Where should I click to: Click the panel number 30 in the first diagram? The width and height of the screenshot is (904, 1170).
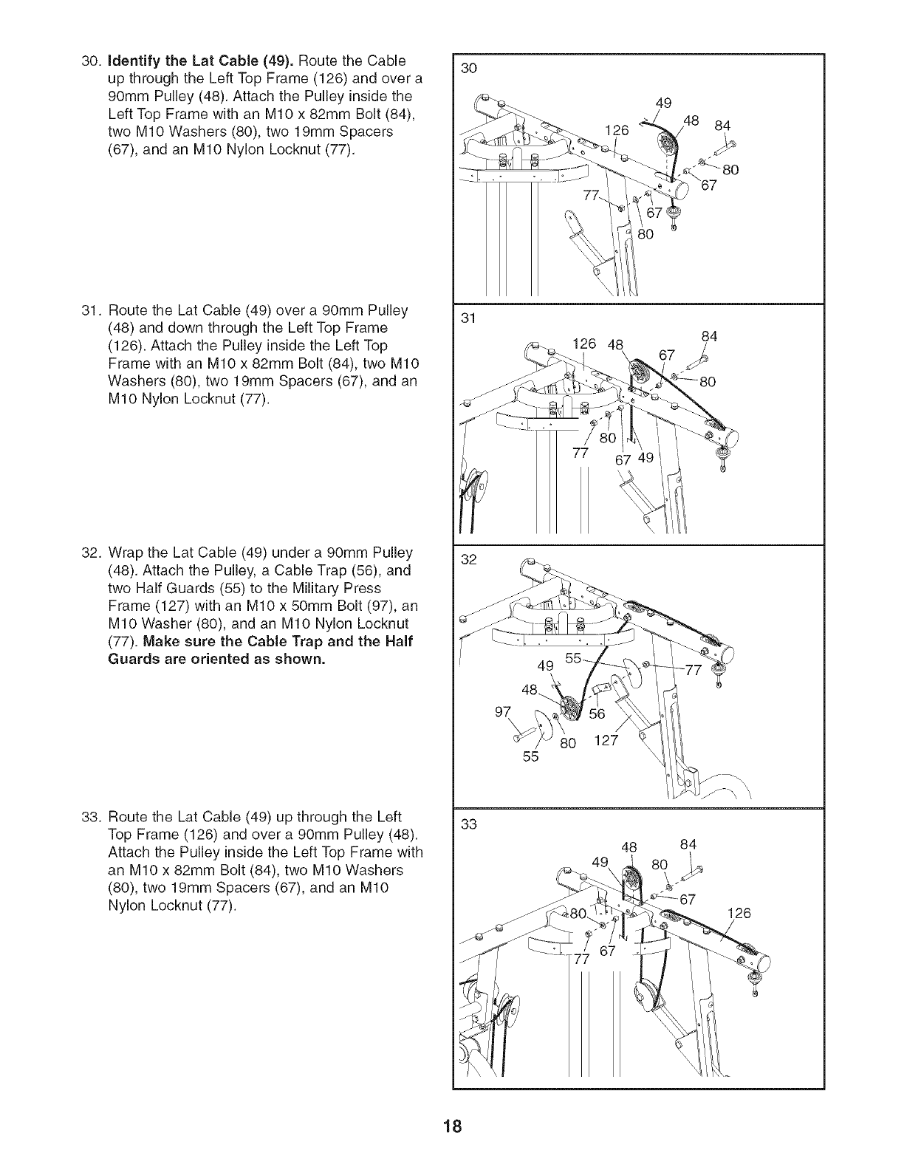click(468, 69)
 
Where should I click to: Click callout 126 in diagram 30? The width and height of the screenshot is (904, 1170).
click(616, 131)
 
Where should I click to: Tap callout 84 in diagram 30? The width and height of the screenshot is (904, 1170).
click(722, 126)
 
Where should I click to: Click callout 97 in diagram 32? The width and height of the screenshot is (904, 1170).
click(502, 714)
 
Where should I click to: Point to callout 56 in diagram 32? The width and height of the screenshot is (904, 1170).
click(597, 714)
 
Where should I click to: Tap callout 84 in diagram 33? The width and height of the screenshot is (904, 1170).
click(688, 844)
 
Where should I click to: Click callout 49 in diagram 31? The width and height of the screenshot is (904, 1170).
click(646, 458)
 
